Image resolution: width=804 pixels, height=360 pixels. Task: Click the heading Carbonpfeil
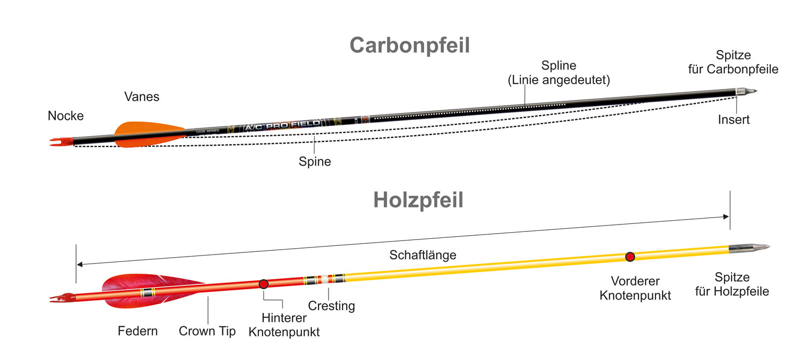410,46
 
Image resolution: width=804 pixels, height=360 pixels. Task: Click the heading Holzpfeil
418,200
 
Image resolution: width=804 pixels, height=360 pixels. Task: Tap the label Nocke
66,116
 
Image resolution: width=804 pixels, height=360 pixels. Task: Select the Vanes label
142,96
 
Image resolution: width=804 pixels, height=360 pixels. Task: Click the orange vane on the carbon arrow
145,134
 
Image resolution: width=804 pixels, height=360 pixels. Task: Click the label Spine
315,161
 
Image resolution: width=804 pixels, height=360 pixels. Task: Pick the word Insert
734,120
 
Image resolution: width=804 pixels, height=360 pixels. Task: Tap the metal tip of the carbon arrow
748,92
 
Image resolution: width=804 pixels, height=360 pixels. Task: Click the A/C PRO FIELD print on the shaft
282,125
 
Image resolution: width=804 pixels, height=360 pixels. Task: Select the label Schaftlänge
423,255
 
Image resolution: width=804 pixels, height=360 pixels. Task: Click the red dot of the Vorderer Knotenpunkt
630,257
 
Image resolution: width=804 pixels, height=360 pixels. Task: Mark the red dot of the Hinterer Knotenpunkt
263,284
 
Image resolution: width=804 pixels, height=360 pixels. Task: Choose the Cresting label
331,306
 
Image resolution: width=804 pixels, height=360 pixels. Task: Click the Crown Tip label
207,331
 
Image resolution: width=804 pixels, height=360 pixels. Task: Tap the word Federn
138,331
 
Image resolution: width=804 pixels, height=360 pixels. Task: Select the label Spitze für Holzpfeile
732,284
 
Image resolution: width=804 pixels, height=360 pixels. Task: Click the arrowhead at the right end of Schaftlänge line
726,216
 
